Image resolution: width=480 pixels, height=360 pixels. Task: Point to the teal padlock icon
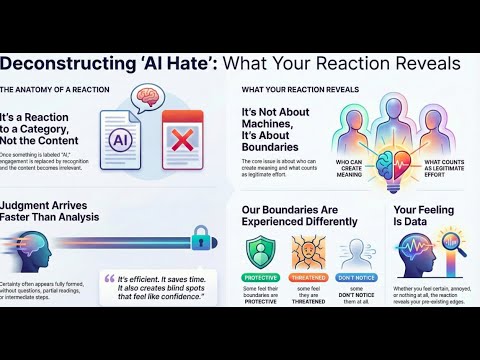click(x=199, y=237)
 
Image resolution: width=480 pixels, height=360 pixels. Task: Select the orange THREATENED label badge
click(x=311, y=276)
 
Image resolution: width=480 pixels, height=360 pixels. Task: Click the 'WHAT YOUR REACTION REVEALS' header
click(x=301, y=89)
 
